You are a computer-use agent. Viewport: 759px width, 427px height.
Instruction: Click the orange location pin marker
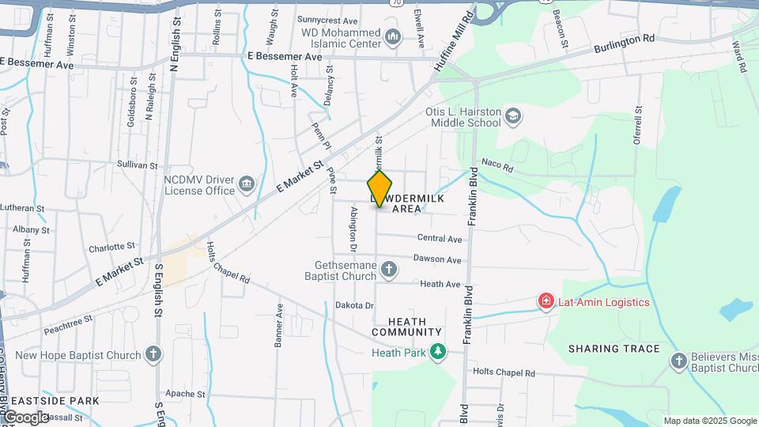pos(380,189)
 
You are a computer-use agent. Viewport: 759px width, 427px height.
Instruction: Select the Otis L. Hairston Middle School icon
pos(514,117)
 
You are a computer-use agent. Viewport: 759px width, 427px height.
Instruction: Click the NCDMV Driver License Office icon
pos(247,185)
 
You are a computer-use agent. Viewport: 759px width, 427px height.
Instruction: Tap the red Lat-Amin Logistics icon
pos(546,301)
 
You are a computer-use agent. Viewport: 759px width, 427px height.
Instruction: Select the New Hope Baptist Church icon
pos(153,355)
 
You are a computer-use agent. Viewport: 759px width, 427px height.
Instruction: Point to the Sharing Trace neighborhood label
pos(614,349)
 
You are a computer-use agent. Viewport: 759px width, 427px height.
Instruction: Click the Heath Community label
pos(407,327)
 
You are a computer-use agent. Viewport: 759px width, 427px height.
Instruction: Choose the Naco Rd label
pos(497,168)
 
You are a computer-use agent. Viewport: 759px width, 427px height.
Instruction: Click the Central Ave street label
pos(440,238)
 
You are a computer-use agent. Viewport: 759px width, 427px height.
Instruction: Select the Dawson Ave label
pos(440,259)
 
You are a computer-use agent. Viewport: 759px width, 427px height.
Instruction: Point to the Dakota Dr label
pos(354,305)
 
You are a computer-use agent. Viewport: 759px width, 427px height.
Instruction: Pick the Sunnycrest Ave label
pos(327,20)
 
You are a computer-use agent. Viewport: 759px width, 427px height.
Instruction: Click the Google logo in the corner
pos(25,418)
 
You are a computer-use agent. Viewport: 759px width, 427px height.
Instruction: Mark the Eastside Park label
pos(50,401)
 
